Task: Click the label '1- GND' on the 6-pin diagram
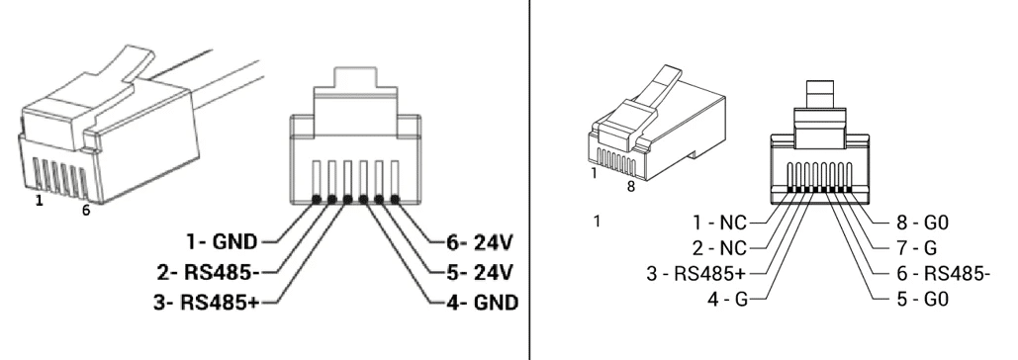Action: pos(222,242)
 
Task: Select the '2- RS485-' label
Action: pos(209,272)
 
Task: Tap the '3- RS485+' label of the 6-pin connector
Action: pos(207,303)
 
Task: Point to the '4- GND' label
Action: pos(483,303)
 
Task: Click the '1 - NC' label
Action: pos(720,223)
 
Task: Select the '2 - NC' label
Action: pos(720,248)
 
